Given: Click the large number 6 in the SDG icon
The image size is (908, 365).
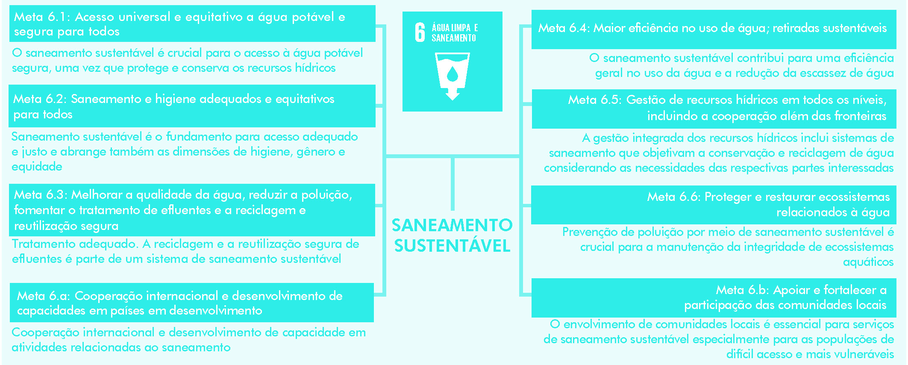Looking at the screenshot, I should (x=420, y=32).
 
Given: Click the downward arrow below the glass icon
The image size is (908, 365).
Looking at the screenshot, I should (x=452, y=94).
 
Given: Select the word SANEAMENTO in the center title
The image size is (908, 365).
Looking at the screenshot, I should (x=452, y=225).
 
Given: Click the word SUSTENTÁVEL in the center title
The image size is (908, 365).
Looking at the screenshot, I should (x=452, y=246).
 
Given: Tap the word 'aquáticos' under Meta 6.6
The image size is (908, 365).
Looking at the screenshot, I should (x=868, y=262).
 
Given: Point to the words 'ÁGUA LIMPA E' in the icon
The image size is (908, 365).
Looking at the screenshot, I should (x=455, y=28).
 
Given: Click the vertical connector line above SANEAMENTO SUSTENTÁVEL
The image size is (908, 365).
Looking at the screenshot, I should (x=452, y=184).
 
